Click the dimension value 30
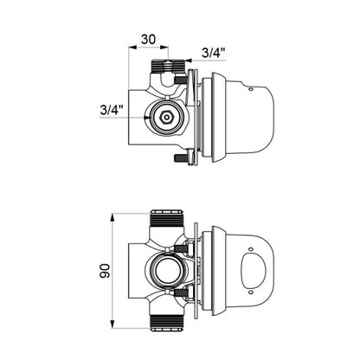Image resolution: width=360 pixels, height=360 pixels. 148,39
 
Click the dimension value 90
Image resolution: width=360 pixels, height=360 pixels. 105,271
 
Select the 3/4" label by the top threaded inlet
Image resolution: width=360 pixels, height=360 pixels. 213,53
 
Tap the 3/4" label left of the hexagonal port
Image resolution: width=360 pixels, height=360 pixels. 112,110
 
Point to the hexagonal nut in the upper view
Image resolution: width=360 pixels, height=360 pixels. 166,117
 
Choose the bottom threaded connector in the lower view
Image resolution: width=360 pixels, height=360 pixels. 167,323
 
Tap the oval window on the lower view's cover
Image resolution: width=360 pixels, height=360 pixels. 254,271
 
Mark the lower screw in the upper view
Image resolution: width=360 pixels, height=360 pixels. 181,157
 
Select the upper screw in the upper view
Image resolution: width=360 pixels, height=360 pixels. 181,80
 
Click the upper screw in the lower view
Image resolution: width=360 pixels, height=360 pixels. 181,248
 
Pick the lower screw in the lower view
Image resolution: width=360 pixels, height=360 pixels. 181,293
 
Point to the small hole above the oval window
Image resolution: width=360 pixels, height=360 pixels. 251,249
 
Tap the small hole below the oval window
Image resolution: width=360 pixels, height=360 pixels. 251,292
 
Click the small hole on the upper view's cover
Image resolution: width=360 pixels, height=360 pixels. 250,90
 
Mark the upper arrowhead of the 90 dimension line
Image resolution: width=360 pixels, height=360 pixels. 112,218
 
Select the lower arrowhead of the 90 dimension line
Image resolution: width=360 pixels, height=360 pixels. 112,323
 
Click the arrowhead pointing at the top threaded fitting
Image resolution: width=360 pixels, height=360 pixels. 189,61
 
